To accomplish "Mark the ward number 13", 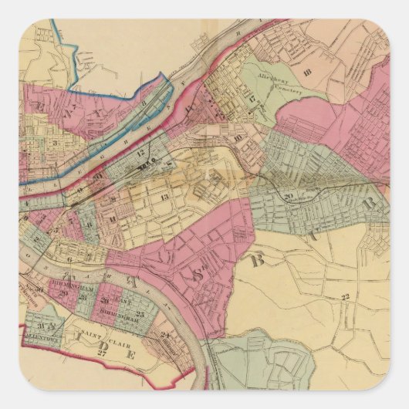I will pos(164,197).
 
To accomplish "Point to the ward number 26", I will pos(104,300).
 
